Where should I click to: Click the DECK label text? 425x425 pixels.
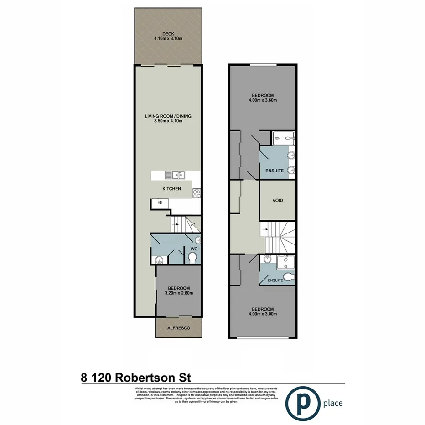coord(168,33)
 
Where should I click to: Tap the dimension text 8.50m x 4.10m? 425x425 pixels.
coord(168,122)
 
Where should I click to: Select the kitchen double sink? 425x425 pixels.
coord(175,175)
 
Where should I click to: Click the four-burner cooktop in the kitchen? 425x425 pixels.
coord(197,193)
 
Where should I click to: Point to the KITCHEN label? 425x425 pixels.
coord(171,188)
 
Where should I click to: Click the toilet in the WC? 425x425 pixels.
coord(193,259)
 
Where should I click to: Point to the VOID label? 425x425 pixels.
coord(278,200)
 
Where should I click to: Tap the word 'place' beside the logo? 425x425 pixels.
coord(332,404)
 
